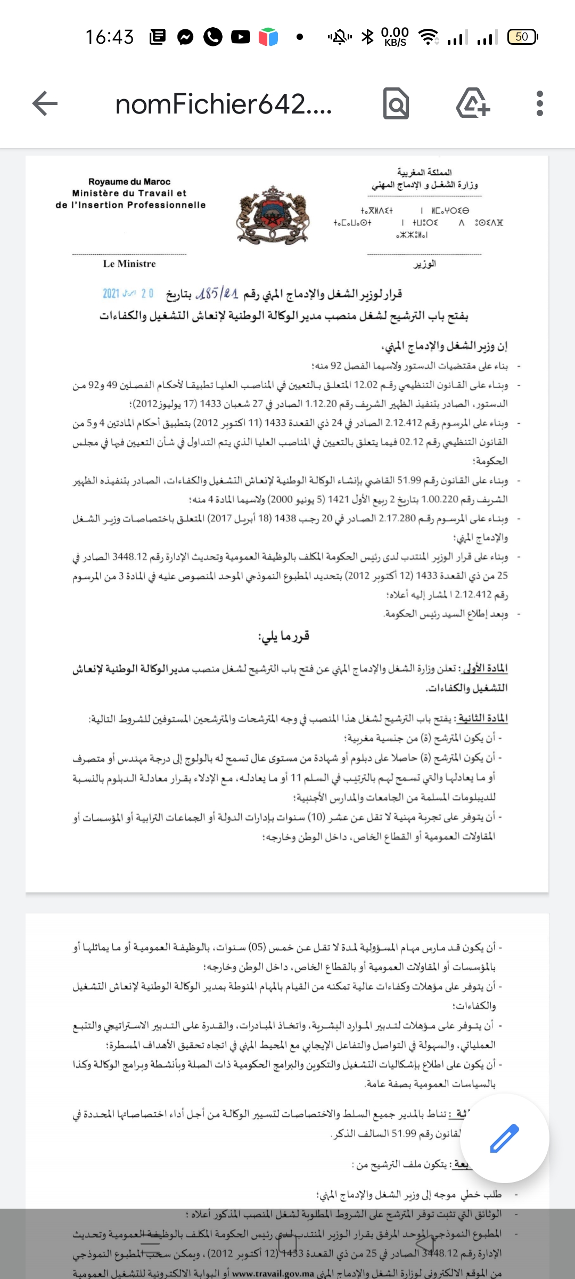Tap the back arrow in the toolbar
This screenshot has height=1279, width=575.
(45, 103)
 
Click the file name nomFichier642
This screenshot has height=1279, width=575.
(224, 104)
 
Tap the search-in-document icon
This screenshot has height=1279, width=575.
(396, 103)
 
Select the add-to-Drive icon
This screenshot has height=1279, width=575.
(473, 103)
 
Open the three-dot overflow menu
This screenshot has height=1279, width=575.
(540, 103)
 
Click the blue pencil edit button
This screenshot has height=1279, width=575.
(504, 1138)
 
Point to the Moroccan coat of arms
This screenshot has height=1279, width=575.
(273, 215)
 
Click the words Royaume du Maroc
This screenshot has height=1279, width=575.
(129, 182)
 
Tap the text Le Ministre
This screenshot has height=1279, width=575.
(129, 264)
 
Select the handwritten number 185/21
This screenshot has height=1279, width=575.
(217, 293)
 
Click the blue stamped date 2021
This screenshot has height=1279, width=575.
(128, 293)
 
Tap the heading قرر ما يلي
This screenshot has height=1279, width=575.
(284, 636)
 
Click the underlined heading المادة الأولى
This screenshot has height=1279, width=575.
(484, 668)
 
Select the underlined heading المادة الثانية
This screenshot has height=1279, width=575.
(482, 718)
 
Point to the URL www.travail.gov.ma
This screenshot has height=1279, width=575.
(273, 1274)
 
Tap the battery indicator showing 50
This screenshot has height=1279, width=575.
(522, 37)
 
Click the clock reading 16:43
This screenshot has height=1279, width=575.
(110, 37)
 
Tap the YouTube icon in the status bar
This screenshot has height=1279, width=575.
(241, 37)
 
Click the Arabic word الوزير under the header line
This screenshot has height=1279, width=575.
(424, 264)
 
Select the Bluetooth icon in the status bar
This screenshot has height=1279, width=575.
(367, 37)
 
